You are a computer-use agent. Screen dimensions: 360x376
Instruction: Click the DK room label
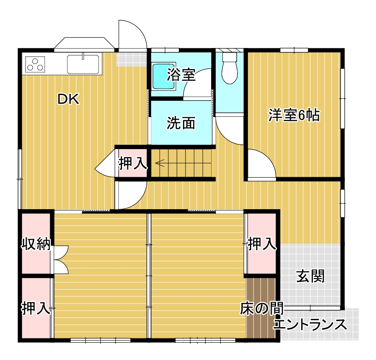[69, 100]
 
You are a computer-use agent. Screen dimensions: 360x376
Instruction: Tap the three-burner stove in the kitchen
[35, 64]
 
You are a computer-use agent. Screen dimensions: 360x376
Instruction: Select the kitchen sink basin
[84, 64]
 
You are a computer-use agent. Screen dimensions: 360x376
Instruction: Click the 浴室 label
[181, 76]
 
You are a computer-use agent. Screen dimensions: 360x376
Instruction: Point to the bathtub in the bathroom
[164, 76]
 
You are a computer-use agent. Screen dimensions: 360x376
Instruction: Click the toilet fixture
[229, 67]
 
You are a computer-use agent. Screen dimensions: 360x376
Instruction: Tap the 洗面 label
[181, 124]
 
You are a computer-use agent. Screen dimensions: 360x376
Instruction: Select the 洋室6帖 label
[294, 115]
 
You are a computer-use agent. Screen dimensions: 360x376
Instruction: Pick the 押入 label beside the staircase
[133, 163]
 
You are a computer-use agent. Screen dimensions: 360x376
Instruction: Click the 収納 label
[36, 244]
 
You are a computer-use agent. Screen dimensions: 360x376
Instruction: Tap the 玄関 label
[310, 276]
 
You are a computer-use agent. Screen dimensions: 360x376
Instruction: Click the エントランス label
[310, 324]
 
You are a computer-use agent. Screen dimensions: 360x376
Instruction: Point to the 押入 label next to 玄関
[262, 244]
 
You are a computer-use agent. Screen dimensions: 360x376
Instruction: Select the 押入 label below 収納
[36, 309]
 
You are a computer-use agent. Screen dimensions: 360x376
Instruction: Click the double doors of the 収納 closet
[61, 260]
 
